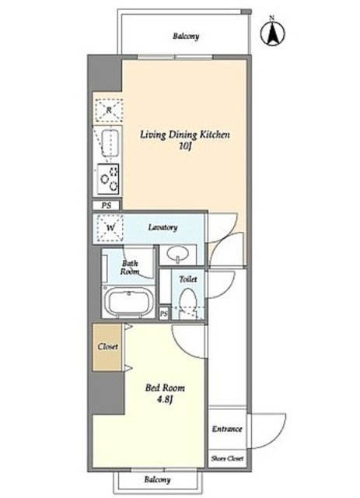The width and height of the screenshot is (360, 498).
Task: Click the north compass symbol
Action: click(272, 33)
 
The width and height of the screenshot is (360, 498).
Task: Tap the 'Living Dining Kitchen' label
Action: click(185, 135)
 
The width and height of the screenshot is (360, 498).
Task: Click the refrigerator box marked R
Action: click(109, 110)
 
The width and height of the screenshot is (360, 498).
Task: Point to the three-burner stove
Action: click(108, 179)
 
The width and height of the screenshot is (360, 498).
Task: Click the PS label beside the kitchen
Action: click(107, 205)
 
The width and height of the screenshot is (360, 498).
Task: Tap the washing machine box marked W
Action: click(110, 228)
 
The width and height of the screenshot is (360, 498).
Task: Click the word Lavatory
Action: click(163, 227)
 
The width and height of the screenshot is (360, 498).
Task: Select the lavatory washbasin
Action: click(178, 254)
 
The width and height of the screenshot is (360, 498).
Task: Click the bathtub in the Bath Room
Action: click(128, 302)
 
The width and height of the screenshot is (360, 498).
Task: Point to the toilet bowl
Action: click(188, 300)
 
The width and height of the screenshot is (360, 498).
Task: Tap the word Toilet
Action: click(188, 279)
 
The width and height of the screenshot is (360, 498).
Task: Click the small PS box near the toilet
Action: click(163, 314)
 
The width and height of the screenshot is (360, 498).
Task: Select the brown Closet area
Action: click(107, 347)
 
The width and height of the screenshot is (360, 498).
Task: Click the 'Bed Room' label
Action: click(165, 388)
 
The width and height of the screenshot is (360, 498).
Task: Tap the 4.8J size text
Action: click(164, 399)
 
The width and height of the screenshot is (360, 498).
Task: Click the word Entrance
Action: click(227, 429)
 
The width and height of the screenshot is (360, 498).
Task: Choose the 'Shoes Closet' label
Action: click(227, 458)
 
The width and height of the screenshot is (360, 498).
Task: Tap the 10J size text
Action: click(184, 147)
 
